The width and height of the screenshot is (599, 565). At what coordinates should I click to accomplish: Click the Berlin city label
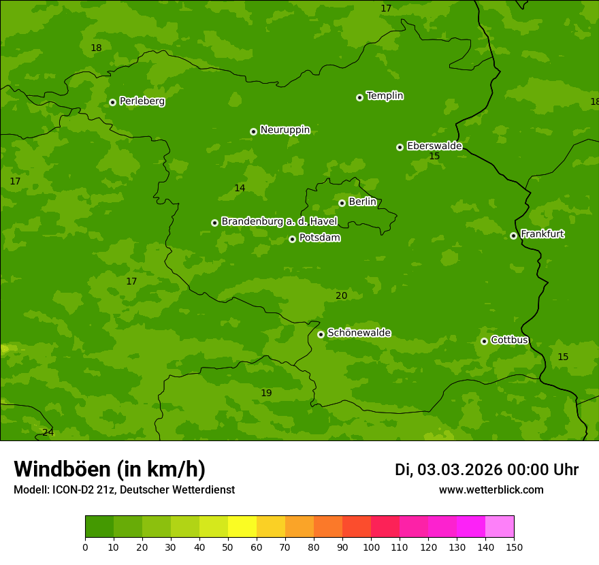pos(362,201)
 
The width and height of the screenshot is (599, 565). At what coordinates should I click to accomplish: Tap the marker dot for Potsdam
pos(292,239)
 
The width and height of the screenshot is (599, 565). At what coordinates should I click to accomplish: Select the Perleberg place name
pos(142,101)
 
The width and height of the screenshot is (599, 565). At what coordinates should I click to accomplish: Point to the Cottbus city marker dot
pos(484,341)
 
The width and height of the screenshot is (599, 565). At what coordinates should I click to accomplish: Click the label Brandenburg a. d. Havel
pos(279,222)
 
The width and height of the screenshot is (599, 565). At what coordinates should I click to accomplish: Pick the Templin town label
pos(385,96)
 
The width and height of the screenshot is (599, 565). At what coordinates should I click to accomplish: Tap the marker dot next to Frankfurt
pos(513,236)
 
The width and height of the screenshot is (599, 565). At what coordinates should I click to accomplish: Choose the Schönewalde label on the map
pos(359,333)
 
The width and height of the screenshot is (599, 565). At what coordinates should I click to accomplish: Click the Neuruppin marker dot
pos(253,131)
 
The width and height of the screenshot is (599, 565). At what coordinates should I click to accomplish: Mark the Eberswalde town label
pos(434,146)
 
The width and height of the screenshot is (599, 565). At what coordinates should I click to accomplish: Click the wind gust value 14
pos(240,189)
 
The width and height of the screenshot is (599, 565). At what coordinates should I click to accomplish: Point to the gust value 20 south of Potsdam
pos(341,295)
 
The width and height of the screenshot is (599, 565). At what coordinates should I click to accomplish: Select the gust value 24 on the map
pos(48,432)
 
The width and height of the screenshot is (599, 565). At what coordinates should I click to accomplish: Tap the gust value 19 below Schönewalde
pos(266,393)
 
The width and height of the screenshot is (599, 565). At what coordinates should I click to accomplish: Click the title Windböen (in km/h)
pos(110,469)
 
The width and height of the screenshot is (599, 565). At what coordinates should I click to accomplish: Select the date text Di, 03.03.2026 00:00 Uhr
pos(487,470)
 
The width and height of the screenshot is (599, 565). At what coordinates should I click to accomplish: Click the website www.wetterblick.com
pos(491,490)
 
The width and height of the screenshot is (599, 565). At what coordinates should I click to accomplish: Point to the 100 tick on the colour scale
pos(371,547)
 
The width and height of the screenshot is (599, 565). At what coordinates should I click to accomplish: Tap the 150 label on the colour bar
pos(514,547)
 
